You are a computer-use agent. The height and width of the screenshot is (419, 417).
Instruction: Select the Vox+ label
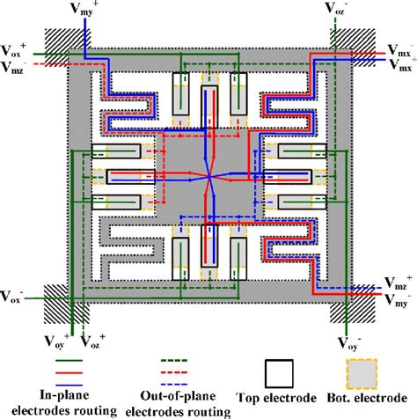15,49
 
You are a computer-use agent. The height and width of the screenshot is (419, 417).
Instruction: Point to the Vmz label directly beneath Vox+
15,65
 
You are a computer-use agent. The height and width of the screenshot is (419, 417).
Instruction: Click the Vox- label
15,293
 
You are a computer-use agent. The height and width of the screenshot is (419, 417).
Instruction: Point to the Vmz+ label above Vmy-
398,284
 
